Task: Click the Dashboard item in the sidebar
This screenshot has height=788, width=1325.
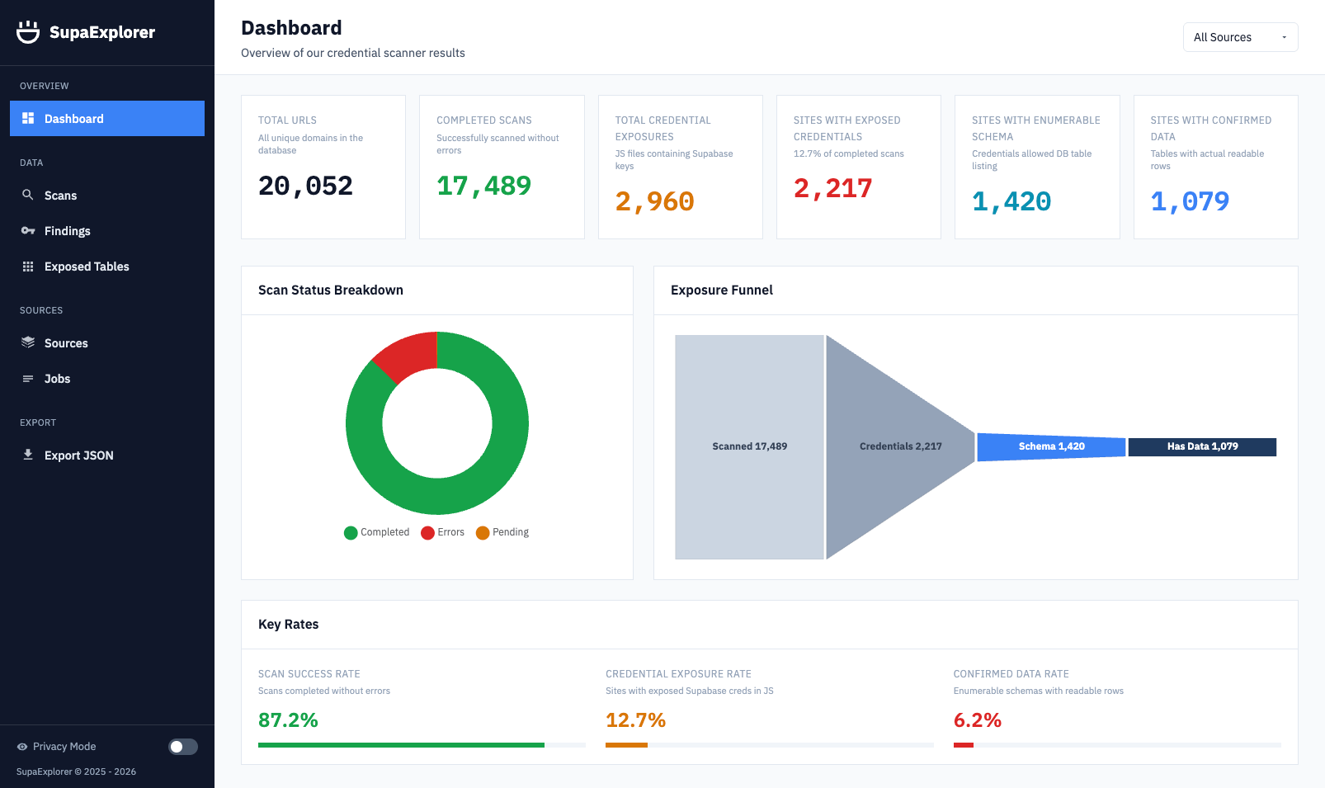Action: (x=106, y=119)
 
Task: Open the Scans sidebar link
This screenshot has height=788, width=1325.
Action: (x=60, y=196)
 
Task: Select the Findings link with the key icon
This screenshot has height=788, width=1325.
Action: (x=67, y=231)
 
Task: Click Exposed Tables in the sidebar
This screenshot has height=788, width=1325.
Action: (x=87, y=267)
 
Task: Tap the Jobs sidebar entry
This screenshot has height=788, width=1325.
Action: (x=57, y=379)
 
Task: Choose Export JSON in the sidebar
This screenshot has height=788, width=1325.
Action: (x=78, y=455)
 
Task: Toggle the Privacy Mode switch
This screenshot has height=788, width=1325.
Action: (x=183, y=747)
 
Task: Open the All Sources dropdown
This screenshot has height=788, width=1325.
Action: (x=1239, y=37)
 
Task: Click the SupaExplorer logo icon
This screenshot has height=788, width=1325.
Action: (x=28, y=32)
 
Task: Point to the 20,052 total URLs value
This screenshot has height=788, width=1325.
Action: (x=305, y=186)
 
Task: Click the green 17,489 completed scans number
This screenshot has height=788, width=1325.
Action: (x=483, y=186)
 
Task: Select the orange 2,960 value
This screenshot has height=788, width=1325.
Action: (x=654, y=201)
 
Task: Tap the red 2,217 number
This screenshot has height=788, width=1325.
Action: (x=832, y=188)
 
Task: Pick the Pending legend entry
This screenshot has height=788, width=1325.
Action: (x=502, y=532)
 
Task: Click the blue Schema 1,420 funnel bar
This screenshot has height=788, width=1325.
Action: (x=1051, y=446)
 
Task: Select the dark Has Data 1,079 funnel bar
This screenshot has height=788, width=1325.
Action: (x=1202, y=446)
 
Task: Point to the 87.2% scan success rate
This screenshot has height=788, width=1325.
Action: (x=288, y=720)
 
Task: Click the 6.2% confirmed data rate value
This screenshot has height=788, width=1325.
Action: (x=977, y=720)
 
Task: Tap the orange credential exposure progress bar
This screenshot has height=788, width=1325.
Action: (x=626, y=745)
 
